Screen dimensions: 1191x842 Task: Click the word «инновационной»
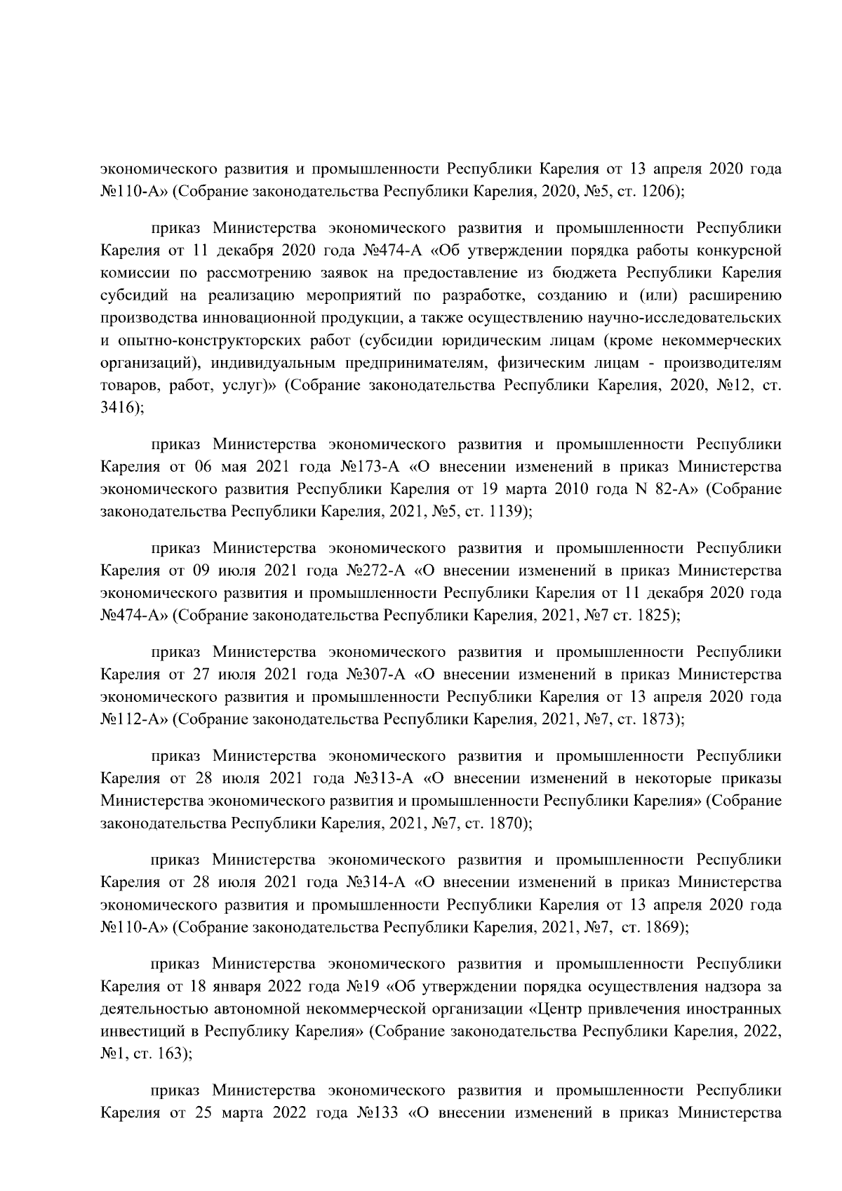point(260,318)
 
